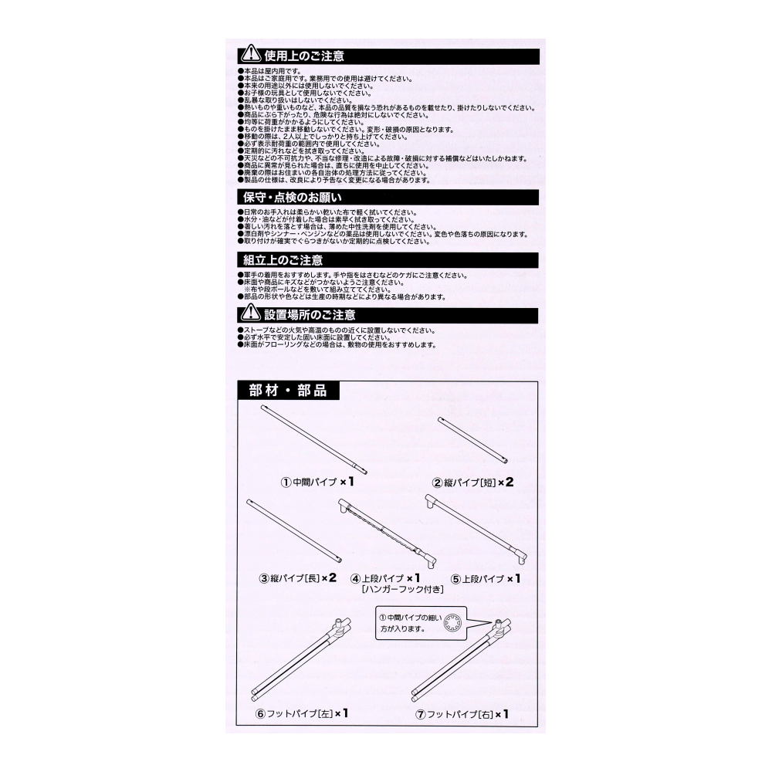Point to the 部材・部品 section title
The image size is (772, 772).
pos(288,391)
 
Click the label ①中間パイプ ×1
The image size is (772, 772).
pos(317,482)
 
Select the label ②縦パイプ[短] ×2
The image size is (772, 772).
pos(472,482)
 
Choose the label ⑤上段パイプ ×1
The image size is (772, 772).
pos(486,577)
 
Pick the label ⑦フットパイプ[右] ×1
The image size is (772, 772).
pos(461,714)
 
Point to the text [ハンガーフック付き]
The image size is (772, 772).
pos(401,590)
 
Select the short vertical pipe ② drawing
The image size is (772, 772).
pos(472,440)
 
